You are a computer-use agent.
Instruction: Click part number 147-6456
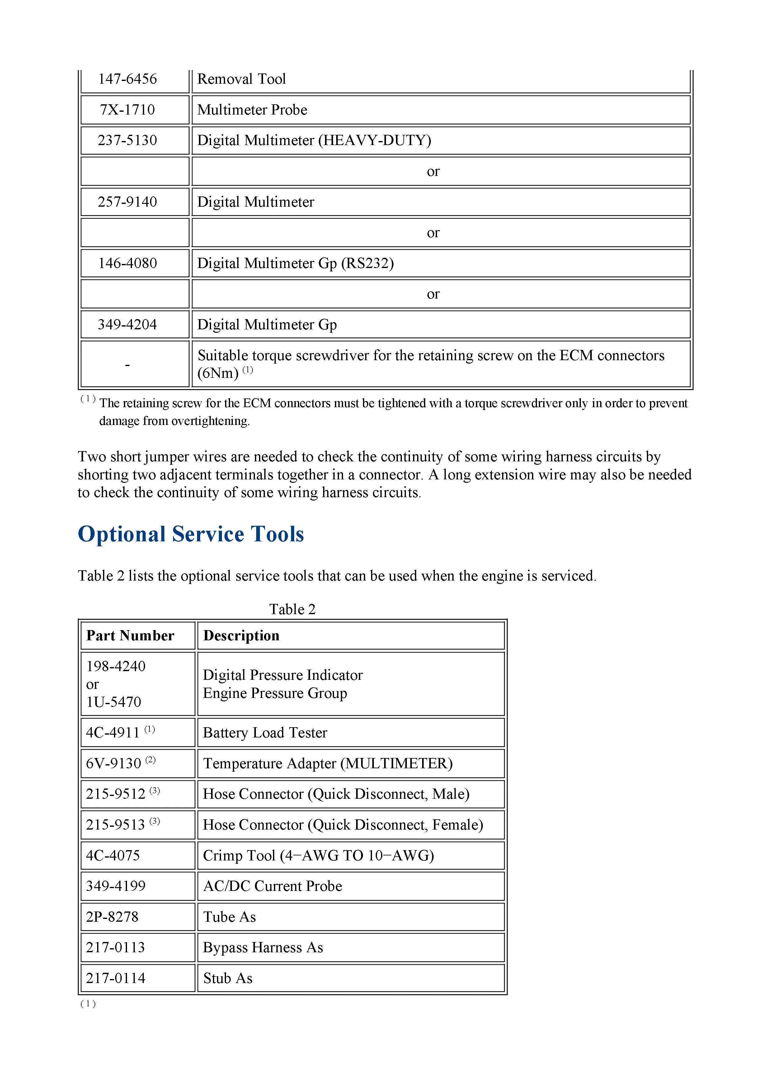(128, 79)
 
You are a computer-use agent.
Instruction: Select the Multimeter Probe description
(252, 110)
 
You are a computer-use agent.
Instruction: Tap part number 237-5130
(128, 140)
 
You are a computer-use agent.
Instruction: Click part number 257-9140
(128, 202)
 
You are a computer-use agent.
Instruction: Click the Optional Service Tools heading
(191, 534)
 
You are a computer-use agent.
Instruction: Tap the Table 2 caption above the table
(292, 609)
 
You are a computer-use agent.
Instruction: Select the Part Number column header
(130, 636)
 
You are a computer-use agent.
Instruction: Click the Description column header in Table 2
(241, 636)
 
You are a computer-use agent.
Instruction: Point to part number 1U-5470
(114, 702)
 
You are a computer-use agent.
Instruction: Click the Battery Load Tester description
(265, 733)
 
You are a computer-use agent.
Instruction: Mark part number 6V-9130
(114, 763)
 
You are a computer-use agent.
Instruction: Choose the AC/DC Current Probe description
(273, 886)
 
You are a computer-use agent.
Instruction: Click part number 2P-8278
(112, 917)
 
